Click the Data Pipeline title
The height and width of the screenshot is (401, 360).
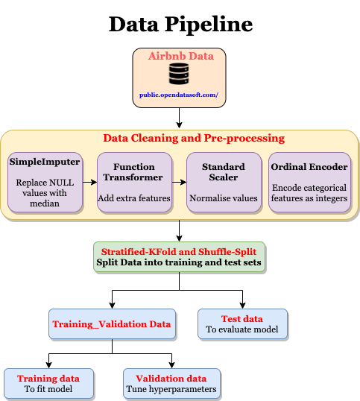180,24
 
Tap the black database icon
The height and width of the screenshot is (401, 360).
179,74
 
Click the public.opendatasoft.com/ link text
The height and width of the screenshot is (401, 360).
179,95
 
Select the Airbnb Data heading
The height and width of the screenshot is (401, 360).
181,56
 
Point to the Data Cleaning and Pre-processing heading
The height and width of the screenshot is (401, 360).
194,138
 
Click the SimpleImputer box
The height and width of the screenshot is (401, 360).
45,183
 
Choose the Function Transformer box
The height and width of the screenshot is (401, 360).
134,183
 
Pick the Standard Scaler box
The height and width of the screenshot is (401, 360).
224,183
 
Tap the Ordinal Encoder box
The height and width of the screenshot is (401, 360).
309,183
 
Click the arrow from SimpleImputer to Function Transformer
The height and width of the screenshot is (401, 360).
89,183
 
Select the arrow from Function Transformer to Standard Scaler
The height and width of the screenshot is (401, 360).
179,183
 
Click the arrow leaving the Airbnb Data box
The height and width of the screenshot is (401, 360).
179,118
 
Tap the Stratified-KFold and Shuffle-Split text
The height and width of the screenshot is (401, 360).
179,252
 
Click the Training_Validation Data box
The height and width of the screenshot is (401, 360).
112,324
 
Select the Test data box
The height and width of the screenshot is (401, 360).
242,324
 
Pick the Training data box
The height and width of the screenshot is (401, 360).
48,384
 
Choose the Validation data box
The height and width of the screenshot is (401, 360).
171,384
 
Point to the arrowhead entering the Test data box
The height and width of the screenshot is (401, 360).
242,306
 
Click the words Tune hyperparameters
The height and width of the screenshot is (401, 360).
171,389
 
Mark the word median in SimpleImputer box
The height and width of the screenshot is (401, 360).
45,203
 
